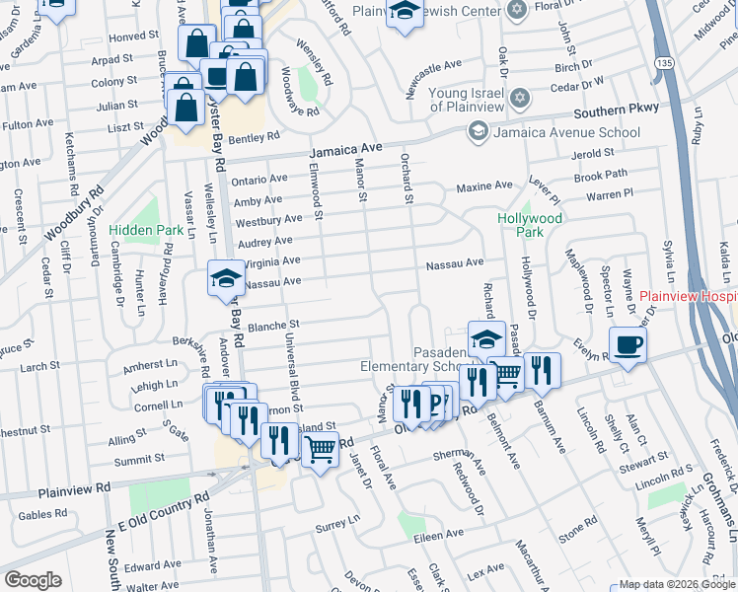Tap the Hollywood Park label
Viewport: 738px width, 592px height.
[x=530, y=225]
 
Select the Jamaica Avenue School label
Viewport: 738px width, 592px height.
[x=566, y=131]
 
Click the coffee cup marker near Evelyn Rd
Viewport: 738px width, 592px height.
[x=627, y=345]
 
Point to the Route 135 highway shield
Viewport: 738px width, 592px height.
[x=666, y=62]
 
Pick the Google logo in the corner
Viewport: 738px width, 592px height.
[x=33, y=580]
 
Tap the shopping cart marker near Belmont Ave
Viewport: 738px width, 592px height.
[x=506, y=374]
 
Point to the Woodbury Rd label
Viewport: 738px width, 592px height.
[x=74, y=216]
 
